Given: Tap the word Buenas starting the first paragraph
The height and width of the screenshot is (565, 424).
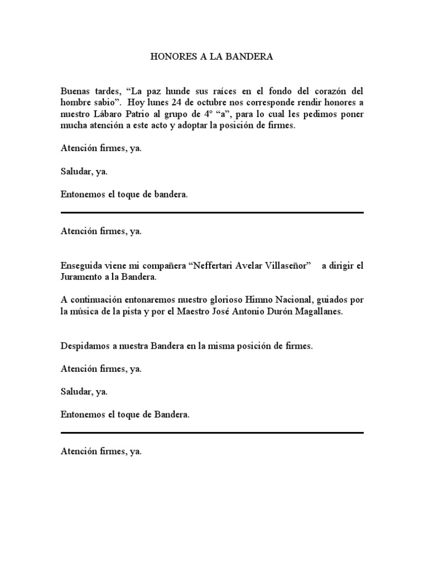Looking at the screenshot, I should [x=75, y=90].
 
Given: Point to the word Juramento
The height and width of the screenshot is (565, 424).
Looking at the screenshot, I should [x=82, y=277].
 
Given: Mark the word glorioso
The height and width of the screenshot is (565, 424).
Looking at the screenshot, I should [x=229, y=300].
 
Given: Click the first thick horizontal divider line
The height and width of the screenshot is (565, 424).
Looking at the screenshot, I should [x=212, y=212].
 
